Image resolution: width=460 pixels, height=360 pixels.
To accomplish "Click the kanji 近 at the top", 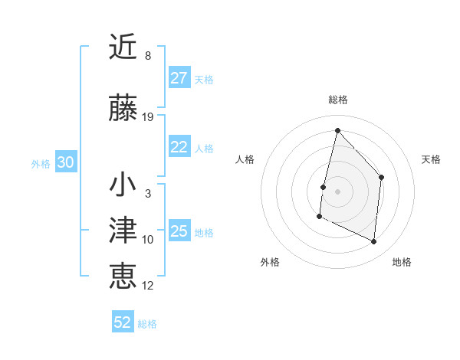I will pos(123,47).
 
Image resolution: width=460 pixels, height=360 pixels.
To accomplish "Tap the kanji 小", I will pos(123,186).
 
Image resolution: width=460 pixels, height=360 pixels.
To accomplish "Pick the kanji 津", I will pos(123,231).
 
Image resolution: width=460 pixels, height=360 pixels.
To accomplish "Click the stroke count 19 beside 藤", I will pos(148,117).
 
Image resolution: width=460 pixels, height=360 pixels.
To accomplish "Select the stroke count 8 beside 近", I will pos(148,55).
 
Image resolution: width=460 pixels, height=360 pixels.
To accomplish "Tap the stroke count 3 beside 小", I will pos(148,194).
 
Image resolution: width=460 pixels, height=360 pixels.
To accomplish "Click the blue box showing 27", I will pos(179,78).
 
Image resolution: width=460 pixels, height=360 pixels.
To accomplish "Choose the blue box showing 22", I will pos(179,148).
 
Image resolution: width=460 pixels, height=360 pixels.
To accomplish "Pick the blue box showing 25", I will pos(179,231).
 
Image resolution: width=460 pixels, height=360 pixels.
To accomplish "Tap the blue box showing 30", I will pos(65,162).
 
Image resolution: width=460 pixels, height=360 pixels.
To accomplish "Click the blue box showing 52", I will pos(123,322).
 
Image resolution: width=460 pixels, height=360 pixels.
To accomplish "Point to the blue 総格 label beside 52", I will pos(147,324).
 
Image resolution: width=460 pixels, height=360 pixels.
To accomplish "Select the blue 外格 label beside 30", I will pos(41,164).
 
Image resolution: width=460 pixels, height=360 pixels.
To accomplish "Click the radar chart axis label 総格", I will pos(337,100).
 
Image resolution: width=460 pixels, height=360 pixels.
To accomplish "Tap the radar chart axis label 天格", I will pos(432,159).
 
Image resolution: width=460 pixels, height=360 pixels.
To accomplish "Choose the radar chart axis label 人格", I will pos(245,159).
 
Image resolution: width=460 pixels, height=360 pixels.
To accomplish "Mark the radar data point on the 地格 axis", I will pos(374,242).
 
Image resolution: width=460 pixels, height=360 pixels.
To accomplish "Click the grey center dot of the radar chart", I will pos(337,191).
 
